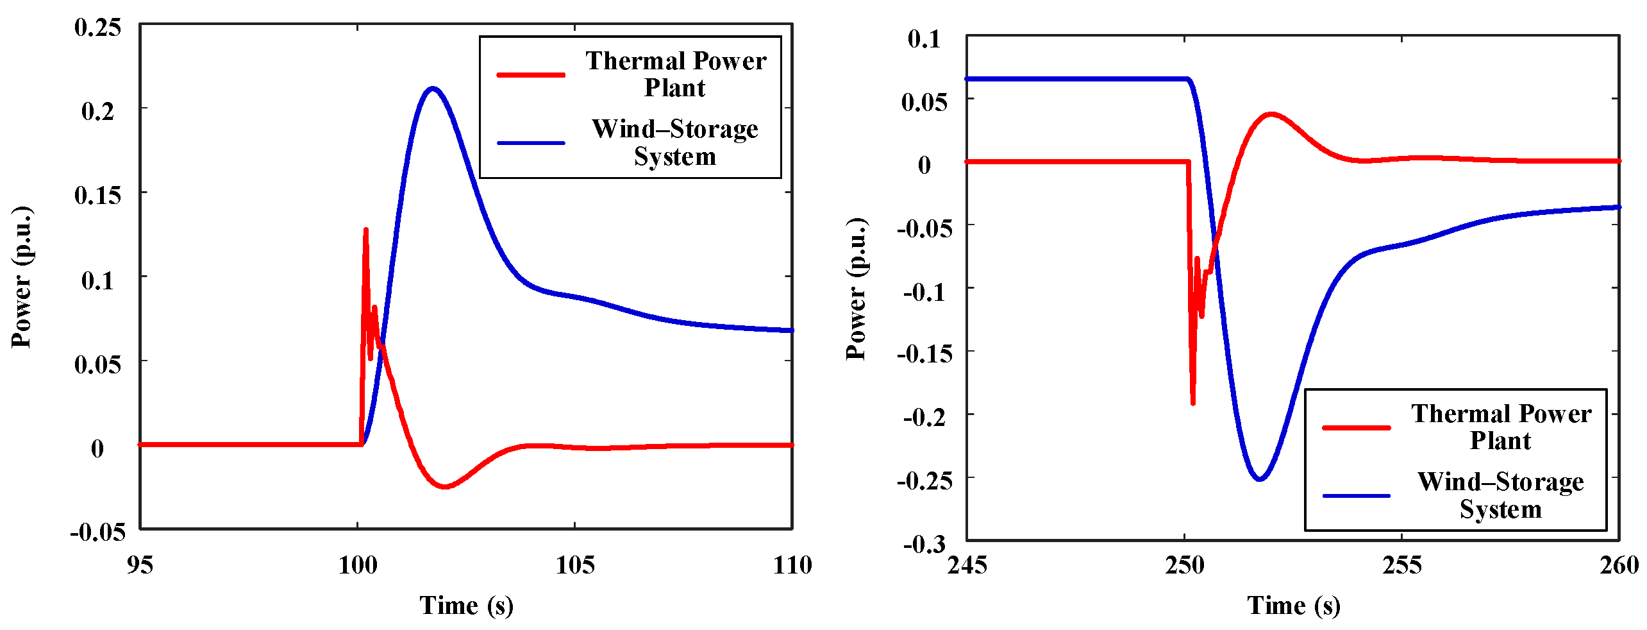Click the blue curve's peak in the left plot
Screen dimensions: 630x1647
[433, 89]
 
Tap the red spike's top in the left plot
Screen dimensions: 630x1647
[365, 230]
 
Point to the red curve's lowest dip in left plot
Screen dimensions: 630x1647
[445, 486]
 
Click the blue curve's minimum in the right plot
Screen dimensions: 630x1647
[1260, 479]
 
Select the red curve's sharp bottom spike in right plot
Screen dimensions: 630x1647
[1192, 403]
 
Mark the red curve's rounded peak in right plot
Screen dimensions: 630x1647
[1271, 115]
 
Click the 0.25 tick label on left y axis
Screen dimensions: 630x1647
[97, 28]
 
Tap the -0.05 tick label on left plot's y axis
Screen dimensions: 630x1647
[97, 532]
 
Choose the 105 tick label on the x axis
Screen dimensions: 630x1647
[574, 565]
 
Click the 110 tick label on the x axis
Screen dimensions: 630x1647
[792, 565]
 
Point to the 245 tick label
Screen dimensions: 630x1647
[967, 565]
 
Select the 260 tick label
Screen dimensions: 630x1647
[1619, 565]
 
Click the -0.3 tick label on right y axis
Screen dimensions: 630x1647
[924, 545]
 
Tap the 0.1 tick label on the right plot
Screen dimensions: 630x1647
[924, 39]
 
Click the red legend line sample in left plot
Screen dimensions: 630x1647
[531, 75]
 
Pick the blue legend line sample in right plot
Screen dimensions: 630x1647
[1356, 495]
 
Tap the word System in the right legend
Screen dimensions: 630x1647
[1500, 509]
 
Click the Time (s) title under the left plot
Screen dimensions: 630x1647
[466, 606]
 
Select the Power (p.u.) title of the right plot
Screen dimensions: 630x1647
[856, 289]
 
